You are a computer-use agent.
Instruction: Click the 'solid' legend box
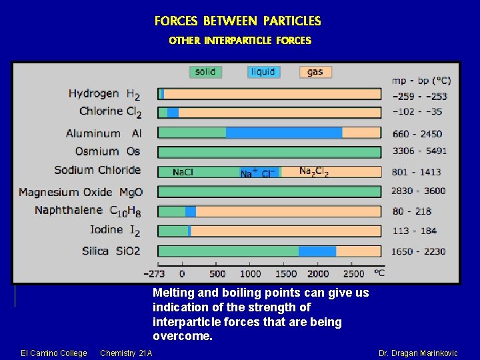(205, 72)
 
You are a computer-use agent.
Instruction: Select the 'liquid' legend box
(263, 72)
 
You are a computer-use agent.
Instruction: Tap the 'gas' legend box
(315, 72)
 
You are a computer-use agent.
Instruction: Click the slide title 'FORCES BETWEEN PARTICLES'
(237, 21)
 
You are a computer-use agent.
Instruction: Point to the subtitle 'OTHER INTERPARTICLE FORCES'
(240, 41)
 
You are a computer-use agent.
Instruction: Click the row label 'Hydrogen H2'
(105, 94)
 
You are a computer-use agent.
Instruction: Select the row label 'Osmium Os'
(107, 152)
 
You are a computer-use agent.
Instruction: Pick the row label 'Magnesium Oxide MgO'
(81, 193)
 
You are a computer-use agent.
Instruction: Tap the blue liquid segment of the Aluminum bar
(284, 133)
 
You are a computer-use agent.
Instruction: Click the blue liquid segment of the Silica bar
(317, 251)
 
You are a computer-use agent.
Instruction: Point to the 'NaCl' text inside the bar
(183, 172)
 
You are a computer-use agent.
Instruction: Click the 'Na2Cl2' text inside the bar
(313, 172)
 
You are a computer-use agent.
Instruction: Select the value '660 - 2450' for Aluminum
(417, 133)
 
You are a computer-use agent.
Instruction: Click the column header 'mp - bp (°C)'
(421, 80)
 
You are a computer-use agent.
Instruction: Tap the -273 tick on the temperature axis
(154, 273)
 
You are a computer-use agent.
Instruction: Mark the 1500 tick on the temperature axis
(285, 273)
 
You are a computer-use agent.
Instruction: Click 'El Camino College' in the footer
(54, 353)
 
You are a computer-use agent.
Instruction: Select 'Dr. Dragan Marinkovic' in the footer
(418, 353)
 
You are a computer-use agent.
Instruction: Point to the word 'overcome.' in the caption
(183, 337)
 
